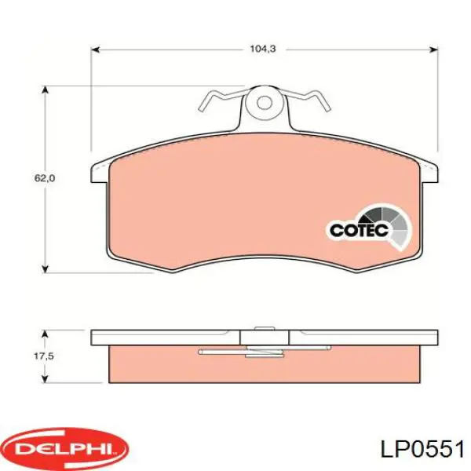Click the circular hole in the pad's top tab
(265, 103)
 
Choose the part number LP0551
(422, 449)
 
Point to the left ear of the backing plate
(100, 170)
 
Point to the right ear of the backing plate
(429, 170)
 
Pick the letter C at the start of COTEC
(334, 230)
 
